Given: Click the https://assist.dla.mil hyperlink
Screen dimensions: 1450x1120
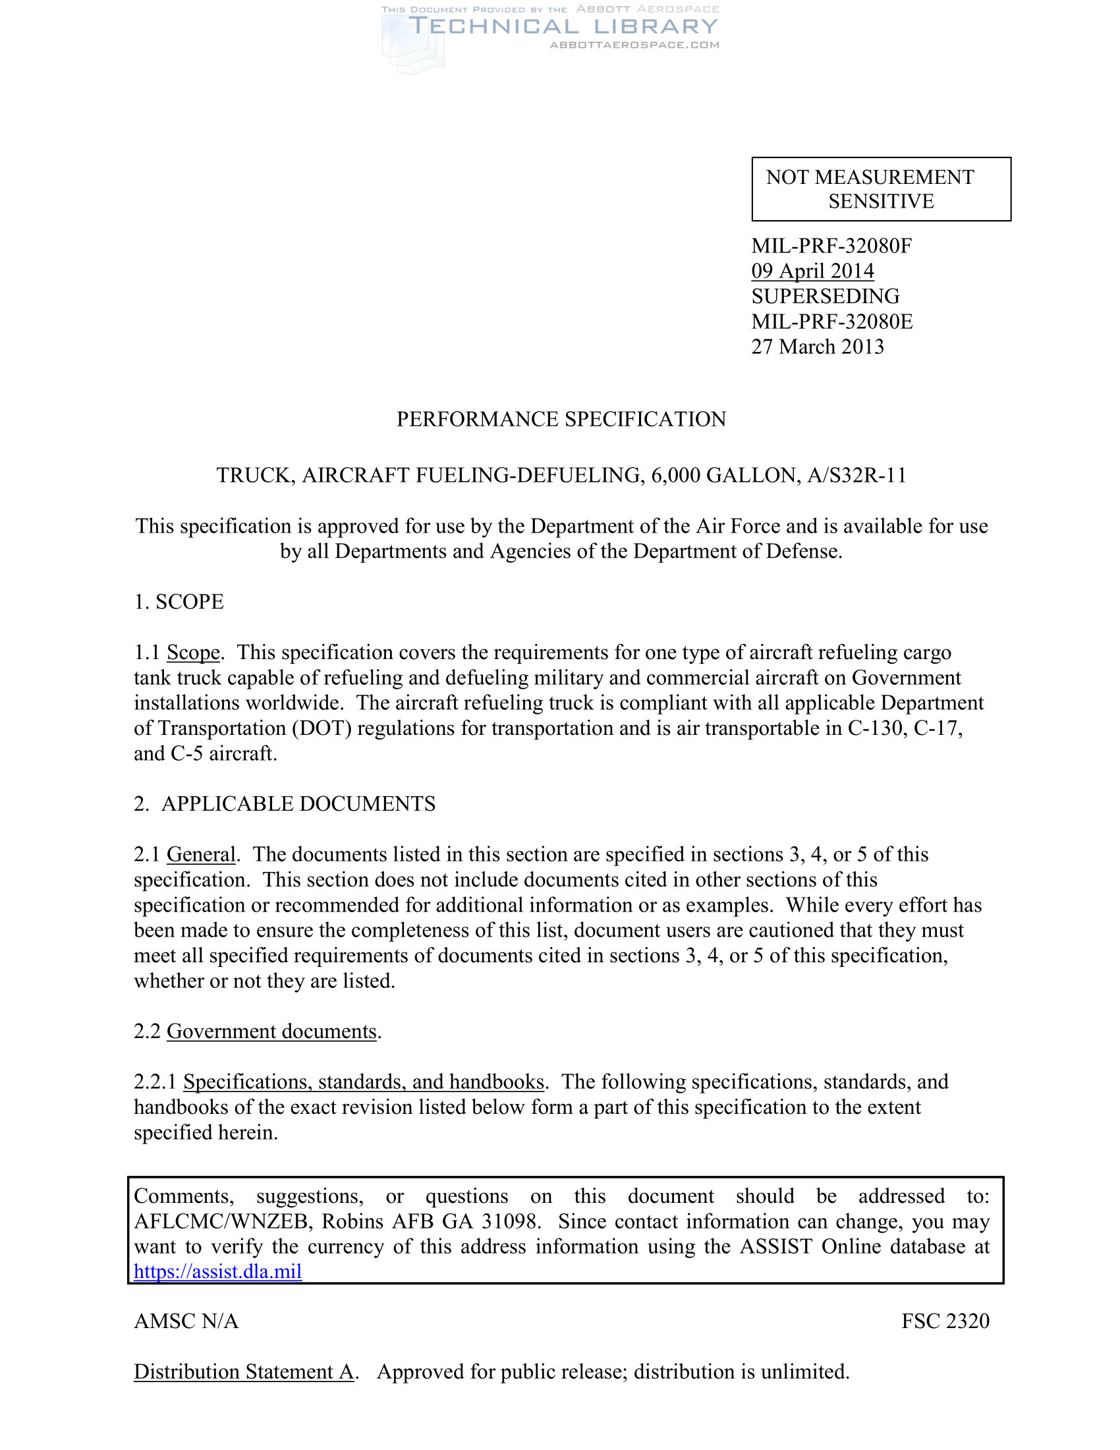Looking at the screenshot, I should click(217, 1271).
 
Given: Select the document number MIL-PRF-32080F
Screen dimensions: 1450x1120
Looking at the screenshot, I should click(831, 246).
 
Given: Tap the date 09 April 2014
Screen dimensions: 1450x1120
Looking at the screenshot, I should click(812, 272).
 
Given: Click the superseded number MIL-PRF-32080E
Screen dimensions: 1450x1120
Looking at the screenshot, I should click(832, 322).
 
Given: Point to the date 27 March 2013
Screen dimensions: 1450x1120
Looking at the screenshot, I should click(818, 347).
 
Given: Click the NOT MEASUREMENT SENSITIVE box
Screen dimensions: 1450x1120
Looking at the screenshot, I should click(880, 189).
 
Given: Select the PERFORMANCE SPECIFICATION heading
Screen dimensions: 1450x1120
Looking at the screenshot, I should click(561, 420).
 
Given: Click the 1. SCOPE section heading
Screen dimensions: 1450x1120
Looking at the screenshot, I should click(179, 602).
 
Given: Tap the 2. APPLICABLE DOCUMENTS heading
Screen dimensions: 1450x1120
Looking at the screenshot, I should click(285, 804).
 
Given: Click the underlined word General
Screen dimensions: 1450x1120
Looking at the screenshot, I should click(201, 854).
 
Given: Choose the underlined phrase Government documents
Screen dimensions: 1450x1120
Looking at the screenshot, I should click(271, 1031).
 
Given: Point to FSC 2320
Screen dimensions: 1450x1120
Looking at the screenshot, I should click(945, 1322).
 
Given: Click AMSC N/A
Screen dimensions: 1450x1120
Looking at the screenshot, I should click(186, 1322).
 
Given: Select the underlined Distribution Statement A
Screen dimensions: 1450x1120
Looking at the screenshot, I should click(244, 1372).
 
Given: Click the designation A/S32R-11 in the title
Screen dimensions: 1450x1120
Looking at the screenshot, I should click(856, 476).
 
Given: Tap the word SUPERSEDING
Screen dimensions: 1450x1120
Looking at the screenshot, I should click(826, 297).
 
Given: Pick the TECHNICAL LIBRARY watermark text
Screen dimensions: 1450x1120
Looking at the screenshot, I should click(563, 26).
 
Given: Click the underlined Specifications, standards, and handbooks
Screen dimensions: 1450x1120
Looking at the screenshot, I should click(364, 1082).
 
